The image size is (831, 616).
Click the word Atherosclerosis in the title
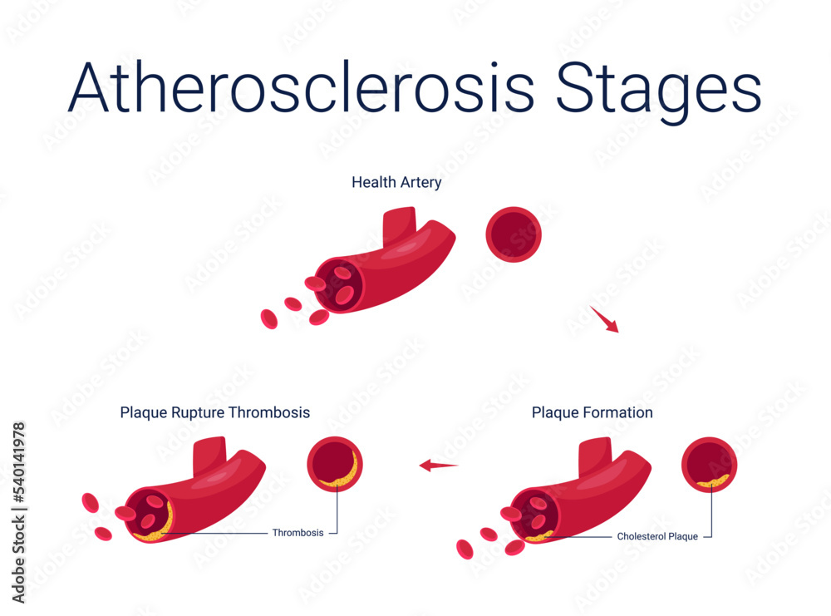click(x=301, y=87)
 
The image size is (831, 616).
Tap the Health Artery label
click(x=396, y=182)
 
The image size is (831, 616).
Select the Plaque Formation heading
click(x=592, y=412)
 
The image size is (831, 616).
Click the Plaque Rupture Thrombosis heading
click(x=214, y=412)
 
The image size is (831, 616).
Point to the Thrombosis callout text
click(x=297, y=533)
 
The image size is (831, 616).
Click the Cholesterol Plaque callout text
click(x=656, y=537)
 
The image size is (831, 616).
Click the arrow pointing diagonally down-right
click(x=605, y=319)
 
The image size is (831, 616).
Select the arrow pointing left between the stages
click(x=439, y=466)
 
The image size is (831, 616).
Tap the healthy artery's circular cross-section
click(x=514, y=234)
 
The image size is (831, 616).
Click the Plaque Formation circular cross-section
click(x=709, y=464)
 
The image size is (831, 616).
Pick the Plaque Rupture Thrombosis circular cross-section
click(x=335, y=464)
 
